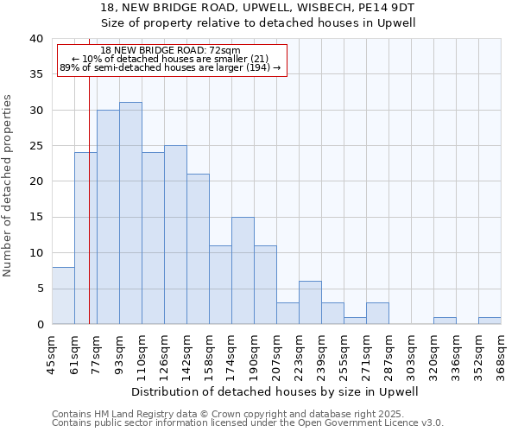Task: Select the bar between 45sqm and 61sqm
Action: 63,295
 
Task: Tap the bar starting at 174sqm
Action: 243,270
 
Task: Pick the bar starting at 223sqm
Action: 310,302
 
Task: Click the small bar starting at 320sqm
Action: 445,321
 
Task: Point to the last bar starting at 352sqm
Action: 490,321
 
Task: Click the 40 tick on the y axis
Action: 35,39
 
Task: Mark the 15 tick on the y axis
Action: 35,217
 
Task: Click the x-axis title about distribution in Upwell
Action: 276,391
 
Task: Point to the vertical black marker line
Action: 89,216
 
